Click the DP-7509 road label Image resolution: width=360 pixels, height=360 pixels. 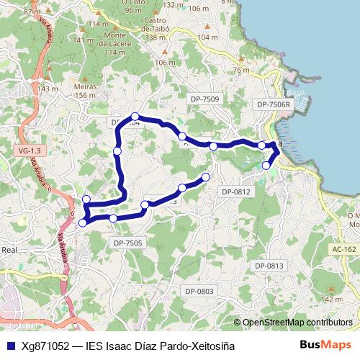pos(205,98)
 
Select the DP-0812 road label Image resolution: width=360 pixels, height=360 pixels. pos(235,192)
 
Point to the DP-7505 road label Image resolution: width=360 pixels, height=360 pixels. pos(128,243)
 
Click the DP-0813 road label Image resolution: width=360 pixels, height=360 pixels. pos(269,266)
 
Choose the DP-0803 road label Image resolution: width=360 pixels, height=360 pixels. pos(199,291)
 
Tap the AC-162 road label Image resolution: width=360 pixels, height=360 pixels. pos(344,249)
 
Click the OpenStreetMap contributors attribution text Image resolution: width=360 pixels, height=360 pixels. pos(297,323)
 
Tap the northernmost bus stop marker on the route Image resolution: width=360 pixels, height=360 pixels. pos(135,117)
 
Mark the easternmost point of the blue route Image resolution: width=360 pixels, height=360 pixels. pos(279,150)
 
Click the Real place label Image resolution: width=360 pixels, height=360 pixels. pos(9,250)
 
